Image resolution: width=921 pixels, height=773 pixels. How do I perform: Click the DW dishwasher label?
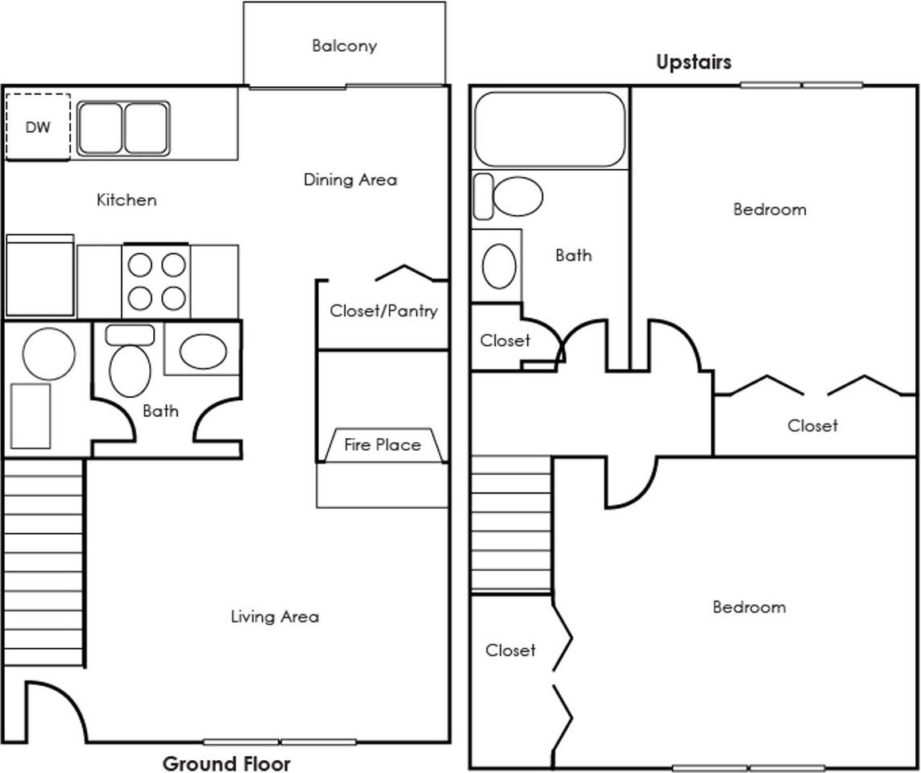click(38, 126)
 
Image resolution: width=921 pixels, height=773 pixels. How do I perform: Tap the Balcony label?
click(344, 46)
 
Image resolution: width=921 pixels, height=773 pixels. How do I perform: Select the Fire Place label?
click(383, 445)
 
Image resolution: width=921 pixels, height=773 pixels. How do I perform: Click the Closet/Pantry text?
click(384, 311)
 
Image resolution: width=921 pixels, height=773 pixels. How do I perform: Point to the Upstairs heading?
click(694, 62)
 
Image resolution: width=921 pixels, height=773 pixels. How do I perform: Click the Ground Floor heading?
click(226, 763)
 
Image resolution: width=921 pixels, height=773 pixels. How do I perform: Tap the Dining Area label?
click(350, 180)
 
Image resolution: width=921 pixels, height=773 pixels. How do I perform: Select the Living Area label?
click(275, 616)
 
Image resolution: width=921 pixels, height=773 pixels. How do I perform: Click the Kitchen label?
click(127, 200)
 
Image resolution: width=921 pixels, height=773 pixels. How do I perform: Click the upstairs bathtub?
click(550, 129)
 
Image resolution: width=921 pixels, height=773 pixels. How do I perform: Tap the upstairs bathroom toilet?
click(508, 196)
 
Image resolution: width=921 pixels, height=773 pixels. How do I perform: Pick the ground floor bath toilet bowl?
click(130, 371)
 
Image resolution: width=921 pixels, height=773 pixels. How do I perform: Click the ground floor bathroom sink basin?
click(203, 352)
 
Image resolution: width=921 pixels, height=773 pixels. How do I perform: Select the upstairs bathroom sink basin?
click(500, 266)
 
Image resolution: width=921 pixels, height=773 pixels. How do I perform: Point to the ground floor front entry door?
click(57, 711)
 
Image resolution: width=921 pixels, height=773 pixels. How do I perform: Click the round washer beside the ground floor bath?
click(49, 354)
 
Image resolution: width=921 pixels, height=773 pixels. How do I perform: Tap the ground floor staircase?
click(44, 562)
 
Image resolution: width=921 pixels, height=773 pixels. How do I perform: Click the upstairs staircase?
click(511, 524)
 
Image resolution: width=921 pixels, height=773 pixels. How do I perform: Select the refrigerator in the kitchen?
click(40, 275)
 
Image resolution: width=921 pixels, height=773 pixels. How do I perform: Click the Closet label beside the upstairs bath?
click(505, 341)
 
